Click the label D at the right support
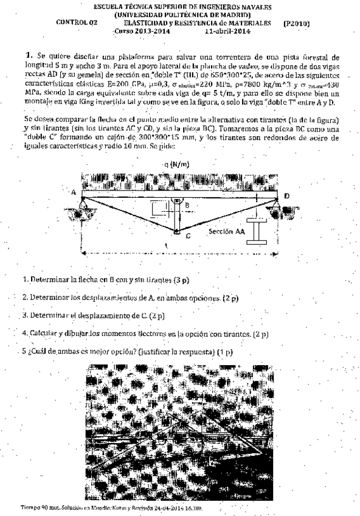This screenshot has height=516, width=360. (286, 195)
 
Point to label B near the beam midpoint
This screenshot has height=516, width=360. (188, 206)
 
